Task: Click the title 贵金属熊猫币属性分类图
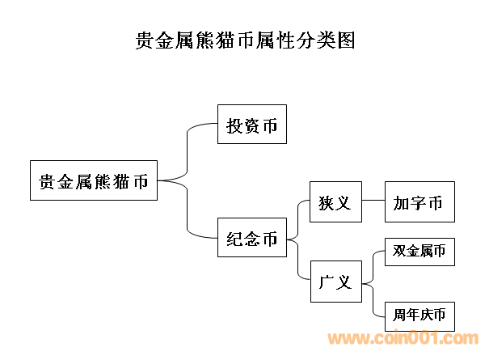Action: (x=245, y=41)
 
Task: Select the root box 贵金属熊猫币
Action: (x=94, y=180)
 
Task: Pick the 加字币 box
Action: (x=419, y=201)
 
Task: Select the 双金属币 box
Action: (x=419, y=251)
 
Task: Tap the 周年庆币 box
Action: (x=419, y=314)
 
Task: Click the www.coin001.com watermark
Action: (x=402, y=340)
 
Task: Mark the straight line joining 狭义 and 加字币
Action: (x=373, y=201)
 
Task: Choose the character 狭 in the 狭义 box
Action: (x=326, y=201)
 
